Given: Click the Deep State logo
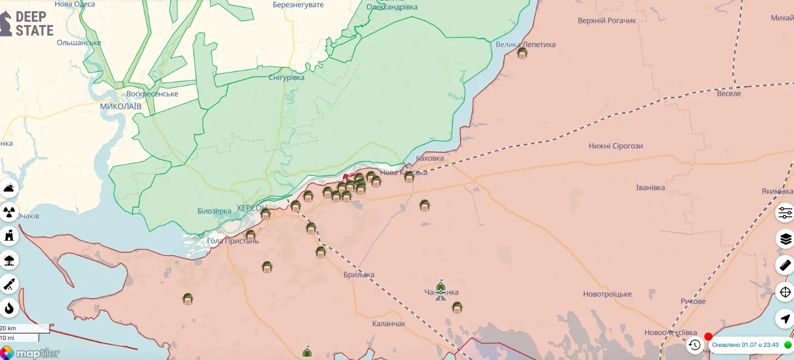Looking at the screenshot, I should point(27,23).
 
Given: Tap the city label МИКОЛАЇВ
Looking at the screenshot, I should point(120,106).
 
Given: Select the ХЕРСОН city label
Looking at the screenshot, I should point(252,208).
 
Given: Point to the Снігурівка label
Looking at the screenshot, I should point(286,78).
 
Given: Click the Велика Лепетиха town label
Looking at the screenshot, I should point(525,45).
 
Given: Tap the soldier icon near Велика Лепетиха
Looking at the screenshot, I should point(522,54).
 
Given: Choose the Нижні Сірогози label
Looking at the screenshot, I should point(616,146).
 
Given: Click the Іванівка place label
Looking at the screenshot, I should point(651,187).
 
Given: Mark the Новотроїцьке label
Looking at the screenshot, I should point(607,294).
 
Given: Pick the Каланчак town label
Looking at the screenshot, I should point(389,323).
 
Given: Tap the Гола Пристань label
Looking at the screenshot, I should point(233,241).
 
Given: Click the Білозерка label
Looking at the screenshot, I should point(215,211).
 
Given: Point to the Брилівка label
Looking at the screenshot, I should point(359,274).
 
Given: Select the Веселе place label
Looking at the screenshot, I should point(729,93).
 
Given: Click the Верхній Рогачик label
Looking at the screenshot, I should point(607,21).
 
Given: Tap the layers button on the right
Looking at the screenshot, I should point(785,238).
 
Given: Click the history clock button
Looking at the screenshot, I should point(694,345).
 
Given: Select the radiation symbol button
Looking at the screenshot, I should point(9,212).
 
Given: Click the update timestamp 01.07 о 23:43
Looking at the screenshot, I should point(745,345).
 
